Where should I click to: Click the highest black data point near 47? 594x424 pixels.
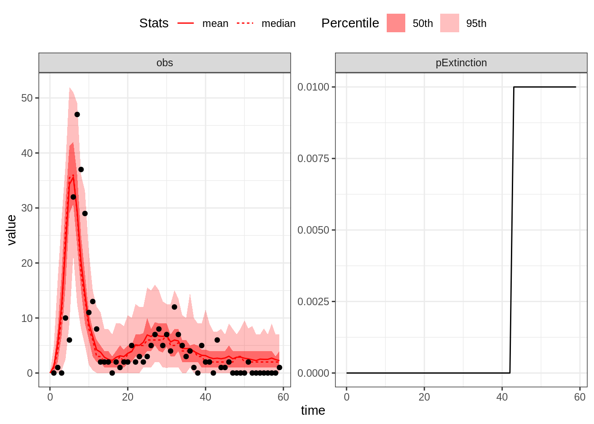click(x=77, y=114)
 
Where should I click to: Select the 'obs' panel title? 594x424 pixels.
click(x=164, y=63)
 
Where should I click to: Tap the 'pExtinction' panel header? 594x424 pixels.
click(x=461, y=63)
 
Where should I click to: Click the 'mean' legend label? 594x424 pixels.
click(x=215, y=23)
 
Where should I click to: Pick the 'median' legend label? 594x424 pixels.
click(x=278, y=23)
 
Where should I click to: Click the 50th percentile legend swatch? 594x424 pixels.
click(x=396, y=23)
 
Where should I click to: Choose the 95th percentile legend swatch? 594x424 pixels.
click(x=449, y=23)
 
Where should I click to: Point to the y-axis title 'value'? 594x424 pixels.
click(x=12, y=230)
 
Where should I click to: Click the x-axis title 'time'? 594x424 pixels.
click(x=313, y=410)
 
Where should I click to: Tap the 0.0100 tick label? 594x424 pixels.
click(x=313, y=87)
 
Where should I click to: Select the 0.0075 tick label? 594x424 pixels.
click(x=313, y=159)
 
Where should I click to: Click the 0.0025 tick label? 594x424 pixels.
click(x=313, y=302)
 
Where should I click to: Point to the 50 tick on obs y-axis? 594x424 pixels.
click(x=27, y=98)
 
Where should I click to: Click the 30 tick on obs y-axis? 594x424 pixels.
click(x=27, y=208)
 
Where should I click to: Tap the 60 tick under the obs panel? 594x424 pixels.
click(x=283, y=397)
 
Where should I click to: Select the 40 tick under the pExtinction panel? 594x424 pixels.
click(x=502, y=397)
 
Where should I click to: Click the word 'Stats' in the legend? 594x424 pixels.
click(x=154, y=23)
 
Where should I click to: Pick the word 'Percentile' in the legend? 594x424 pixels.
click(x=350, y=23)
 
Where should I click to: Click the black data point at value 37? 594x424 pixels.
click(x=81, y=170)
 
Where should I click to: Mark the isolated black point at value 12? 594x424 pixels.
click(x=174, y=307)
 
